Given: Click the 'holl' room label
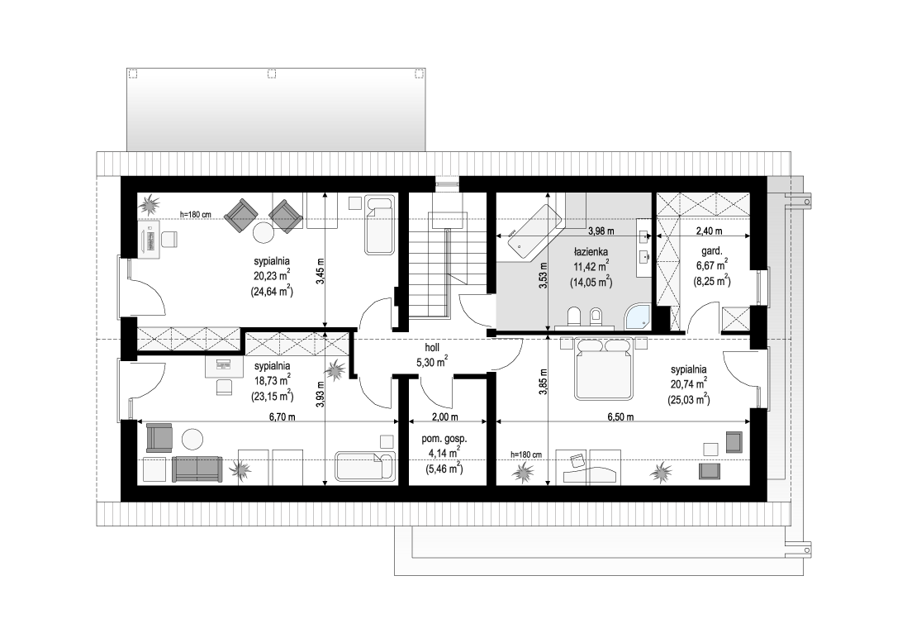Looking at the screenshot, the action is tap(432, 348).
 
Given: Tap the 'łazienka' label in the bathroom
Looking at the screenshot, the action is tap(591, 252).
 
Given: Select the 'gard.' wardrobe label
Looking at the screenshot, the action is tap(711, 251).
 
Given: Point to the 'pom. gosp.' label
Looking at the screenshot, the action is tap(444, 439).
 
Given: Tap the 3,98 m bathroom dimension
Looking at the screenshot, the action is tap(601, 231).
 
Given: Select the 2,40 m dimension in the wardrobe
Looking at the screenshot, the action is tap(709, 231).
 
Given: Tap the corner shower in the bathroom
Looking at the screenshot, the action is tap(639, 316).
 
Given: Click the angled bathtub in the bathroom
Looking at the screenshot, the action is tap(534, 230).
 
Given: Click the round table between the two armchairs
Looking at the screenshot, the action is tap(264, 232).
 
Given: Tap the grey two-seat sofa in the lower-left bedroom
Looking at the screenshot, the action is tap(197, 469).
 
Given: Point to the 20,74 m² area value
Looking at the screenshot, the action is tap(690, 383).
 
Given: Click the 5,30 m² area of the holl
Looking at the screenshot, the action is tap(432, 362).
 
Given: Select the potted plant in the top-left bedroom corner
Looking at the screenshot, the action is tap(151, 203).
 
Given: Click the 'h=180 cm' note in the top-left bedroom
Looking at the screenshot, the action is tap(196, 215).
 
